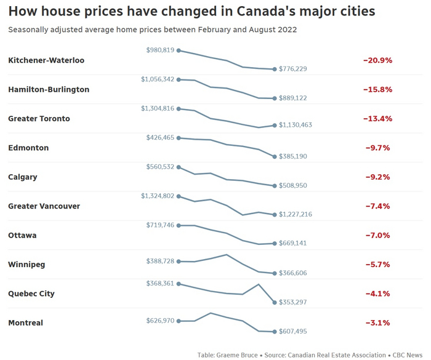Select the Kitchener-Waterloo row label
pos(46,60)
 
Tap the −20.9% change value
pos(377,60)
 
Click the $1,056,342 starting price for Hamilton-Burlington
pos(158,79)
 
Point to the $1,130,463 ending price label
pos(296,125)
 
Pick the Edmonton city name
pos(28,148)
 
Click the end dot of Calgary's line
pos(275,185)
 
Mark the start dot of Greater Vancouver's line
pos(179,196)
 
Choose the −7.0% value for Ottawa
pos(377,235)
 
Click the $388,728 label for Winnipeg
pos(160,262)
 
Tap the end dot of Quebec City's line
pos(275,302)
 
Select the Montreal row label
pos(26,322)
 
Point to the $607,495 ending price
pos(293,332)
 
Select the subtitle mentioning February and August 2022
pos(152,30)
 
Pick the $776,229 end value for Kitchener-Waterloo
pos(293,69)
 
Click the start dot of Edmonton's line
pos(179,138)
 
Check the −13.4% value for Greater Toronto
pos(377,118)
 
